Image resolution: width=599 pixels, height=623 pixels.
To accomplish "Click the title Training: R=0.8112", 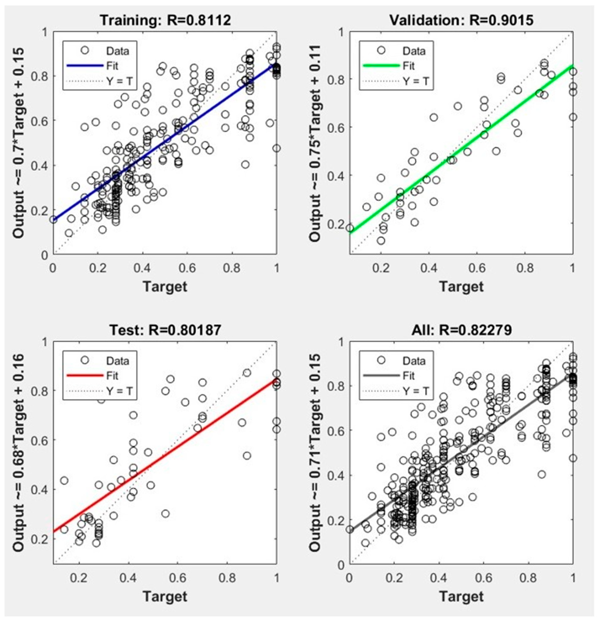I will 165,20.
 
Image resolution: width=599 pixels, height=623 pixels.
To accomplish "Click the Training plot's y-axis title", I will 19,143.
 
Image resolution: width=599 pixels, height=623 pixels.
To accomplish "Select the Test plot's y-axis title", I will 19,453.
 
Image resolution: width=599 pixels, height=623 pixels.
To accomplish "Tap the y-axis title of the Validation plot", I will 315,143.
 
